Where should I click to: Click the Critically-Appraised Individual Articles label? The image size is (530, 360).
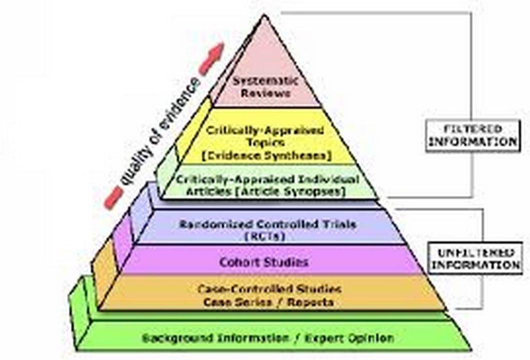(x=268, y=179)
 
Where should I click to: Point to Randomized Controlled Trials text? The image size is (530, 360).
(x=268, y=224)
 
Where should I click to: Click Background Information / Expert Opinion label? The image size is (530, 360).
(x=268, y=337)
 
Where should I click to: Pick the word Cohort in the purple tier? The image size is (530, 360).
(x=238, y=261)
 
